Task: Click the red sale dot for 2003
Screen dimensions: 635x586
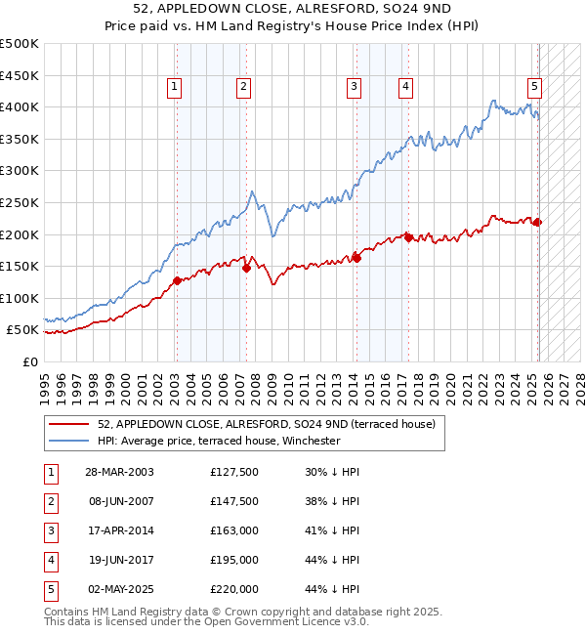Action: pos(177,280)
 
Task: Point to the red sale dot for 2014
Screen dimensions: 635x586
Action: pos(356,258)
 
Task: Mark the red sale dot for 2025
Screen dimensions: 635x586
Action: pos(537,222)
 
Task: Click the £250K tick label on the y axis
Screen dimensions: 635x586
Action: pos(20,202)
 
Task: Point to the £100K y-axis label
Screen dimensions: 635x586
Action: pos(20,298)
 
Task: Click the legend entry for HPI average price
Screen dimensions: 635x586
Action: pos(218,441)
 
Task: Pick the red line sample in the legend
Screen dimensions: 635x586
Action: pos(69,423)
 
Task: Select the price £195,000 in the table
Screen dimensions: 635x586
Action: pos(234,560)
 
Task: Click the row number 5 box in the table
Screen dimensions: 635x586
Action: pos(50,589)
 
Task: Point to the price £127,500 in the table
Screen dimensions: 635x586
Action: pos(234,472)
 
